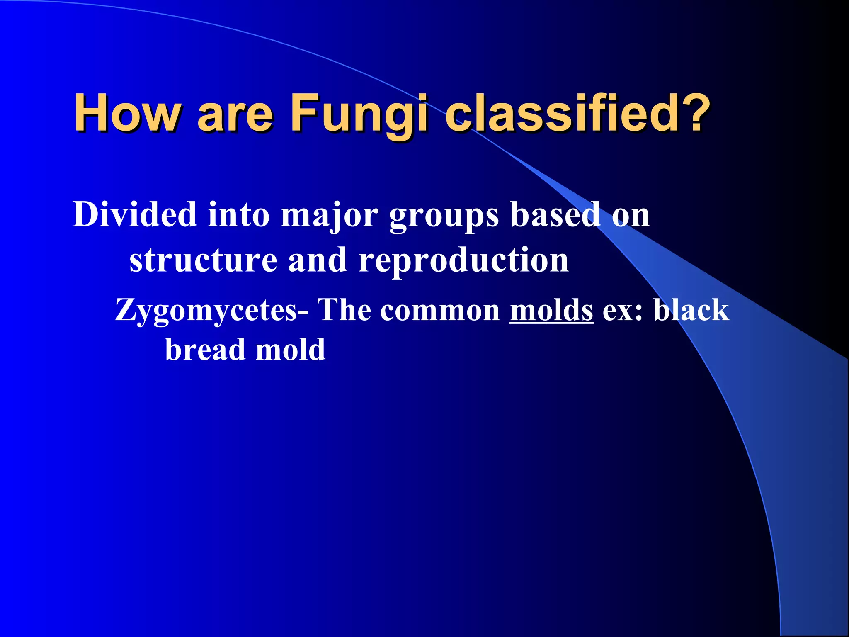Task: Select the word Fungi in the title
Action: click(359, 112)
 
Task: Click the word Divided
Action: click(135, 214)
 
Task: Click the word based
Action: click(555, 214)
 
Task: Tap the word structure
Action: click(203, 260)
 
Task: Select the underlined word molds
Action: click(551, 310)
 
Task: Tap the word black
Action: click(691, 310)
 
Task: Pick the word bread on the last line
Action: click(205, 350)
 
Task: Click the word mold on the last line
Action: click(290, 350)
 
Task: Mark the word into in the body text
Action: click(239, 214)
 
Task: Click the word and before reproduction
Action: click(318, 260)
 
